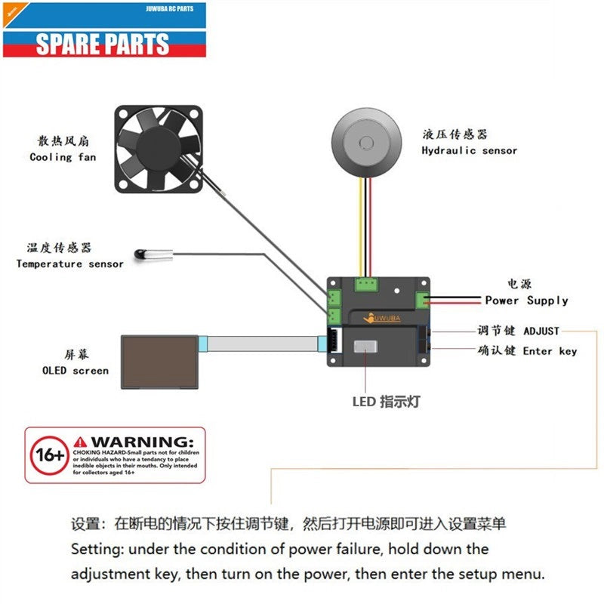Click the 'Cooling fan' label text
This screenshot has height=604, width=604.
point(63,157)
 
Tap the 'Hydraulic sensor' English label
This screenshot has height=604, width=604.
point(469,150)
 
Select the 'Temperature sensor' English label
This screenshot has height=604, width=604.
point(69,263)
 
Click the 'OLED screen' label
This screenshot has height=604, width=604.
point(75,371)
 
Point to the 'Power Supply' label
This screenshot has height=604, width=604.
point(526,300)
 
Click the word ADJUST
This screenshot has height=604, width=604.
point(541,331)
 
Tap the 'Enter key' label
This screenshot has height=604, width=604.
point(550,351)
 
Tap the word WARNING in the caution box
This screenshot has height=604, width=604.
point(140,440)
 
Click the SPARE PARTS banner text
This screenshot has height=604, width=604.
point(103,43)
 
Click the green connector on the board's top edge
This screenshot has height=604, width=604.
point(366,285)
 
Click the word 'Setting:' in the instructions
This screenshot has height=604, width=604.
point(91,549)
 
